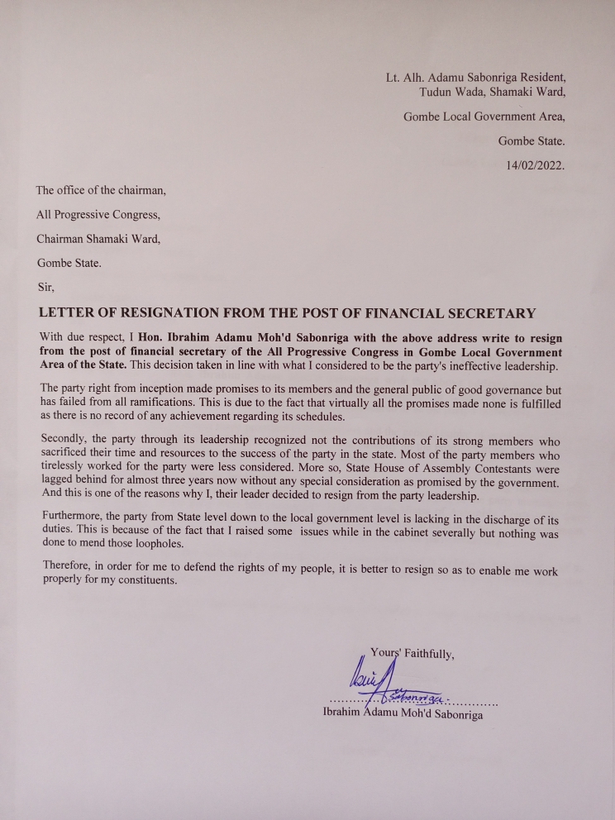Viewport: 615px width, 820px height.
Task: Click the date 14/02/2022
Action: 535,165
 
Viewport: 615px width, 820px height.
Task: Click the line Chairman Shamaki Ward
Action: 98,240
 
